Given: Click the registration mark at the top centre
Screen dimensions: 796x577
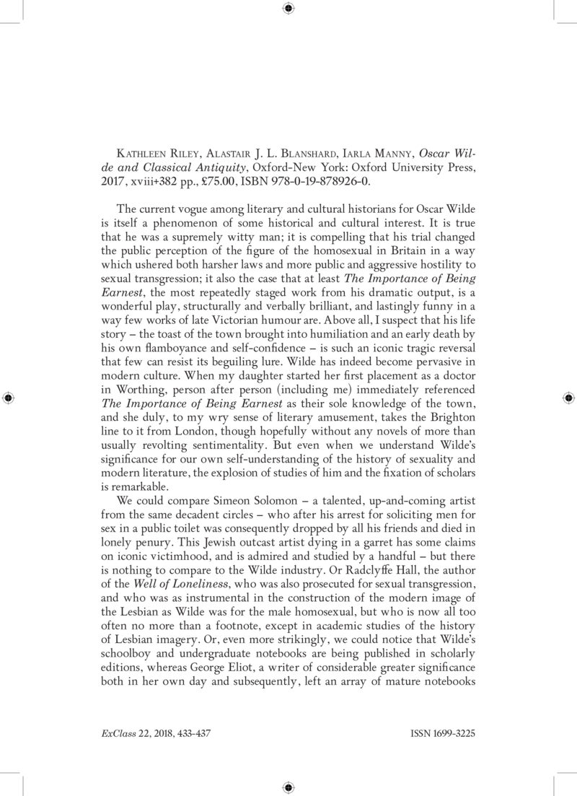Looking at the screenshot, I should [288, 9].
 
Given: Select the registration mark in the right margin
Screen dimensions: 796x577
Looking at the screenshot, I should [568, 398].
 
